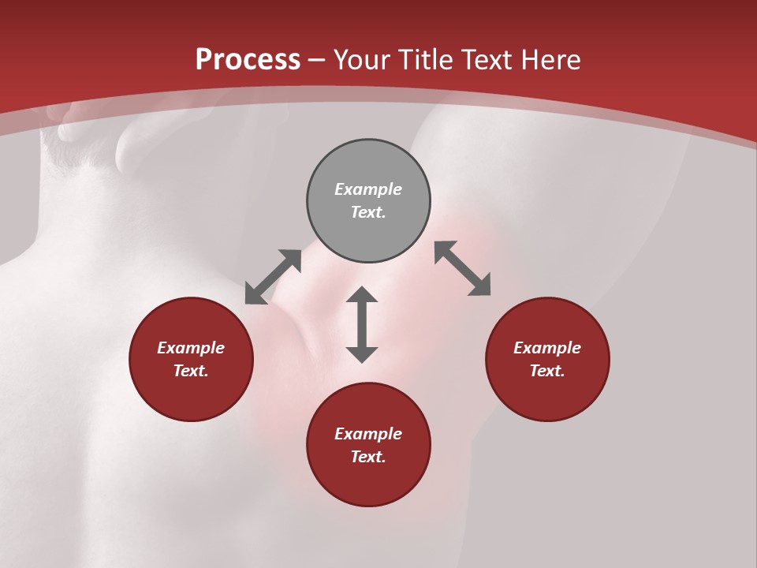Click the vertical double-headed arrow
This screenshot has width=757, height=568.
[x=362, y=324]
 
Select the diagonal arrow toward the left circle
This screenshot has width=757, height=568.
[x=273, y=277]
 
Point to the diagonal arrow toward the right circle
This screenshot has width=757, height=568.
[x=462, y=268]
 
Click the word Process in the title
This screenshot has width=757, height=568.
[x=248, y=60]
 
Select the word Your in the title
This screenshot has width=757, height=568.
[x=364, y=60]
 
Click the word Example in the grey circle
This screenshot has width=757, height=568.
[x=368, y=189]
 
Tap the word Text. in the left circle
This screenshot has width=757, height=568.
[x=191, y=371]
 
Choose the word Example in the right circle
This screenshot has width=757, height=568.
[x=547, y=348]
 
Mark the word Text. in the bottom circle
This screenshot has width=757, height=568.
[x=368, y=457]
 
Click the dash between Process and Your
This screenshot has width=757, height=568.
[x=317, y=61]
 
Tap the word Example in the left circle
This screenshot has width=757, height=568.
[x=191, y=348]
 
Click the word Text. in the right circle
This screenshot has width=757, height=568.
[x=547, y=371]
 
